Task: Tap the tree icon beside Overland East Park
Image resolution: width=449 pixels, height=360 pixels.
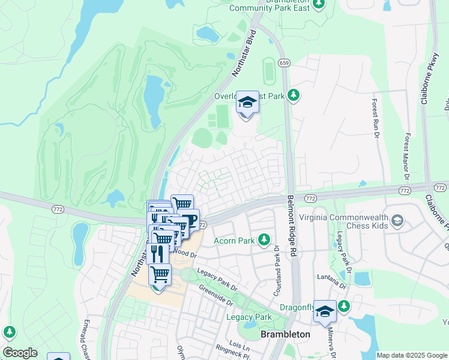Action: [294, 95]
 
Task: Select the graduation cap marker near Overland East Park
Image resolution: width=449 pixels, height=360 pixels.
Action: [247, 103]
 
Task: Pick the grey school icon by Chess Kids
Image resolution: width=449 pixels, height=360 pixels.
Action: [397, 221]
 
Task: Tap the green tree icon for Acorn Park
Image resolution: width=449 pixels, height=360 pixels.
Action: [264, 241]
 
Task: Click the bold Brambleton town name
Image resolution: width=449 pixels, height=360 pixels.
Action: [285, 334]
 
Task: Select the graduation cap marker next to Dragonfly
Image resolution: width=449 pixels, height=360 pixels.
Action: [325, 311]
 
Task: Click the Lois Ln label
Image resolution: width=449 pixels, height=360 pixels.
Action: [238, 346]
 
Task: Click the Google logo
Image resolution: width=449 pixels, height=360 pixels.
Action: [19, 353]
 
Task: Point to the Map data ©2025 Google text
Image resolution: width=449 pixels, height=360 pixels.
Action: [412, 355]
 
